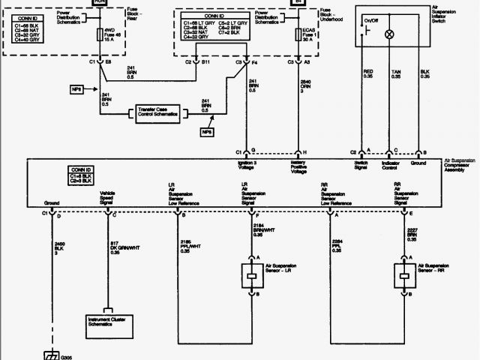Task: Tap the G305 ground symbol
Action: [x=52, y=355]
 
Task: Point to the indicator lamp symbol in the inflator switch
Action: [x=389, y=34]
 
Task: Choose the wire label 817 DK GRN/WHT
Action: [x=118, y=248]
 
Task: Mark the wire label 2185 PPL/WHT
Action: [x=191, y=245]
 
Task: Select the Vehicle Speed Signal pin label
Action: [x=107, y=198]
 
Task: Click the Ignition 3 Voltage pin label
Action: [x=248, y=169]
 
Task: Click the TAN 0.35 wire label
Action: [x=396, y=73]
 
